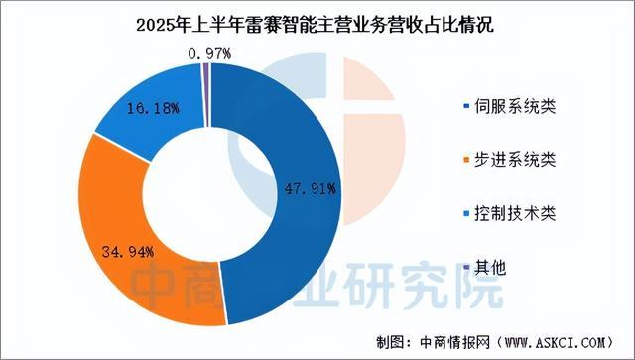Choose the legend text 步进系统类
(513, 160)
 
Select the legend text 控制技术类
(513, 213)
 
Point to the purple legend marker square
(465, 268)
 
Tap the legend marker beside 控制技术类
(465, 214)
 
